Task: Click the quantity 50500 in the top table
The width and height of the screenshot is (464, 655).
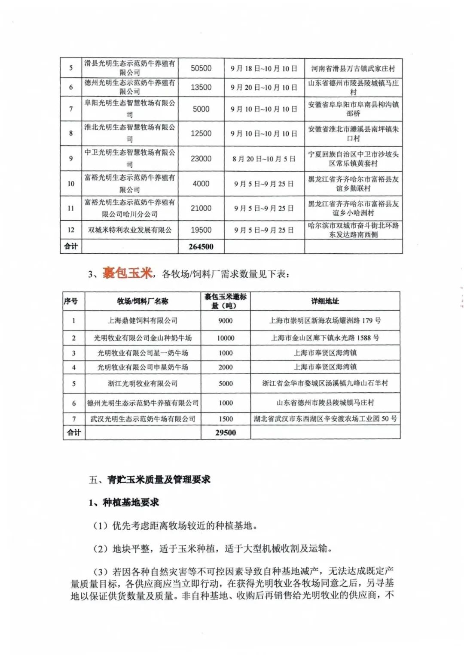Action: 201,68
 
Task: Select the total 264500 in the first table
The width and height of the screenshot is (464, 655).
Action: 201,247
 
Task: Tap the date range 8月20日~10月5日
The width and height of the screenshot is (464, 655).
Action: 264,159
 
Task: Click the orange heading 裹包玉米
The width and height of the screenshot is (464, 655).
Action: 127,273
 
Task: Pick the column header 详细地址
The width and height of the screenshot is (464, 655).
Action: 325,301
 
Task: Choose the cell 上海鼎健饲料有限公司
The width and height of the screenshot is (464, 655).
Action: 143,321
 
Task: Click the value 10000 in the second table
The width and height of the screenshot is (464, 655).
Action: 226,338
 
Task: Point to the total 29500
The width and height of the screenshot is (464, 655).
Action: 226,433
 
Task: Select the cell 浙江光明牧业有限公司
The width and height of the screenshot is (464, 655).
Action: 143,383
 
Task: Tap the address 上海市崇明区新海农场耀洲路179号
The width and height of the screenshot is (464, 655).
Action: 325,321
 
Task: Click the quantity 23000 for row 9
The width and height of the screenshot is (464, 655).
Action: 201,159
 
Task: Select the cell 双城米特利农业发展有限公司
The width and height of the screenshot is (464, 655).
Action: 130,230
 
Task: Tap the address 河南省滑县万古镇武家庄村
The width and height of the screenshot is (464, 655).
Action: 353,68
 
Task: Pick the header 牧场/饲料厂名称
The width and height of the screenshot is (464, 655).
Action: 143,301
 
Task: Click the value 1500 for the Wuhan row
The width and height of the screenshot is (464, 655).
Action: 226,419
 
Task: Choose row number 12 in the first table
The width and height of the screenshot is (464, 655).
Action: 71,230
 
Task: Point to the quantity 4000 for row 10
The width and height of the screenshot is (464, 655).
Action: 201,184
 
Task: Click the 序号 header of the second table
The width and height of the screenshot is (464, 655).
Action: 71,301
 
